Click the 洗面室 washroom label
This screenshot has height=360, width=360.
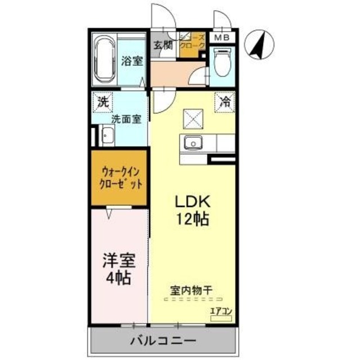click(x=122, y=119)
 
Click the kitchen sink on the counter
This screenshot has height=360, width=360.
click(x=193, y=143)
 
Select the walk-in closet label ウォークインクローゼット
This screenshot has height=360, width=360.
click(x=119, y=178)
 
